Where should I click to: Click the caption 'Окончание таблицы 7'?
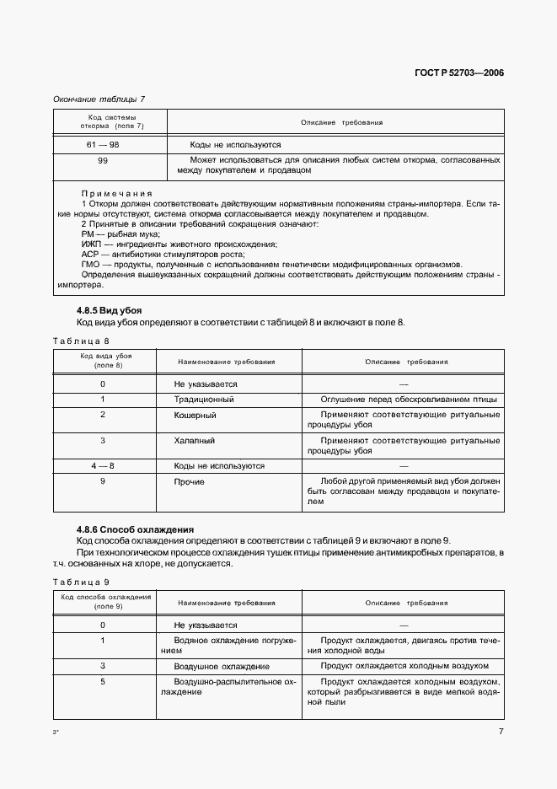coord(99,99)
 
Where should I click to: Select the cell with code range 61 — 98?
coord(102,145)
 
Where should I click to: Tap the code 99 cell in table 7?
coord(102,159)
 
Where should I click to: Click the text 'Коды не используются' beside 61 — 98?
coord(235,145)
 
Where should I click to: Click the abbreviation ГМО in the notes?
coord(90,264)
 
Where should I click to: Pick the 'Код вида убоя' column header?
coord(105,361)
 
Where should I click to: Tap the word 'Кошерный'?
coord(195,415)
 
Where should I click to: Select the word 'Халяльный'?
coord(195,440)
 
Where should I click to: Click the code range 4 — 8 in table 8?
coord(102,465)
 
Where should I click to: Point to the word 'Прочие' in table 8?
coord(189,481)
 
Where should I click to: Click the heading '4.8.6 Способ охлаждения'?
coord(136,529)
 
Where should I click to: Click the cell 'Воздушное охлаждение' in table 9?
coord(217,665)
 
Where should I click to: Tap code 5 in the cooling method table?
coord(102,680)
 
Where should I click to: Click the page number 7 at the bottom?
coord(501,731)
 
